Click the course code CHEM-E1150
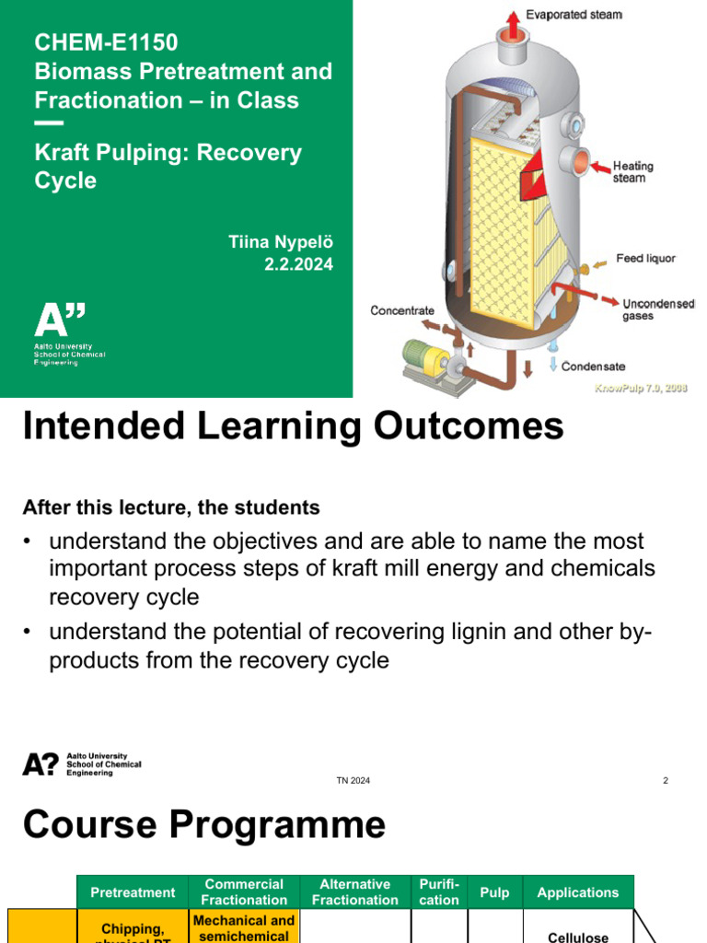pos(106,42)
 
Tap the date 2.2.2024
pos(298,264)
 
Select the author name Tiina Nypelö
pos(280,241)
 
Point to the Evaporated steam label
pos(574,15)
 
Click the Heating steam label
pos(633,172)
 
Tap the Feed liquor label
pos(645,259)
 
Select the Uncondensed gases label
pos(658,309)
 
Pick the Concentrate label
pos(402,310)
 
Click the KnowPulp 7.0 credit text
pos(641,388)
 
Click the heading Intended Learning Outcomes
pos(293,426)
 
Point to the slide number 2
pos(665,781)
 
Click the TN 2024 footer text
pos(353,781)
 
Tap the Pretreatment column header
pos(133,892)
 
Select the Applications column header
pos(578,892)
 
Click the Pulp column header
pos(495,892)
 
